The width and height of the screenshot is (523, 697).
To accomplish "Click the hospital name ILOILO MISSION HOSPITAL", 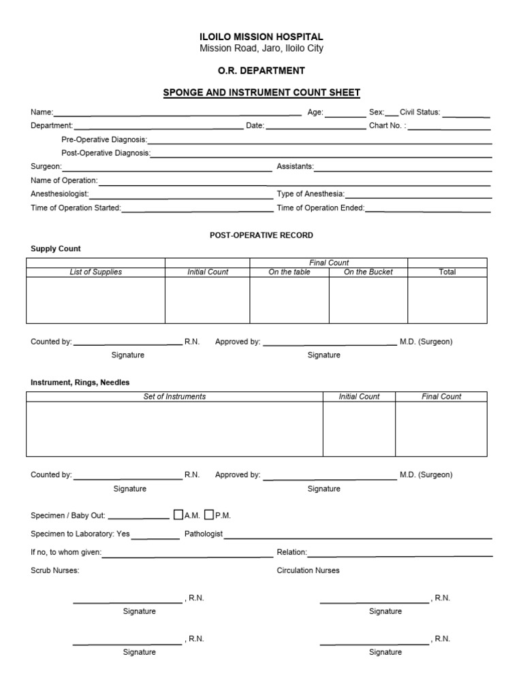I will (261, 37).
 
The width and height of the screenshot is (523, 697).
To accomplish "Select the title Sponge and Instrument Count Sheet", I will (261, 93).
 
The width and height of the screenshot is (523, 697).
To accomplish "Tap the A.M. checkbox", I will (178, 515).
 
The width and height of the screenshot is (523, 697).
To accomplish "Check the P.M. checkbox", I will (209, 515).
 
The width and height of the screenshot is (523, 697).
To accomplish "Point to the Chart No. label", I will (387, 126).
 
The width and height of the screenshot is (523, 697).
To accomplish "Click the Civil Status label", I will (420, 112).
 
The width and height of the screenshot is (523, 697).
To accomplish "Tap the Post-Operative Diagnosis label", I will (106, 153).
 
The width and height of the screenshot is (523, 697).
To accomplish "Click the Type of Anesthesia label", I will (311, 194).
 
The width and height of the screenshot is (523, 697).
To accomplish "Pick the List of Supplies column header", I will (96, 272).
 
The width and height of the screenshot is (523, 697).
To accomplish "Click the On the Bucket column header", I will (368, 272).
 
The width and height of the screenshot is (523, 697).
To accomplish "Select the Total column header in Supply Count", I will (447, 272).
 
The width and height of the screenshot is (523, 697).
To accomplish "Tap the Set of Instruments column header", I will (174, 396).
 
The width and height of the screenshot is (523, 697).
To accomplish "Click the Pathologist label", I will (204, 534).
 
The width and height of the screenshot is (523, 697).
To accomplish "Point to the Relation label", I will (292, 553).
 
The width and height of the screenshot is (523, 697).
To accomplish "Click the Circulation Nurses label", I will (308, 570).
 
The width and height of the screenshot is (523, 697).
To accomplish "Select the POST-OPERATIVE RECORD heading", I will (261, 235).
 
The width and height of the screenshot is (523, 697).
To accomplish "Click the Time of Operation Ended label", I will (321, 208).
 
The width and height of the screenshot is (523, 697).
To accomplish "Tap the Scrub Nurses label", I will (55, 570).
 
